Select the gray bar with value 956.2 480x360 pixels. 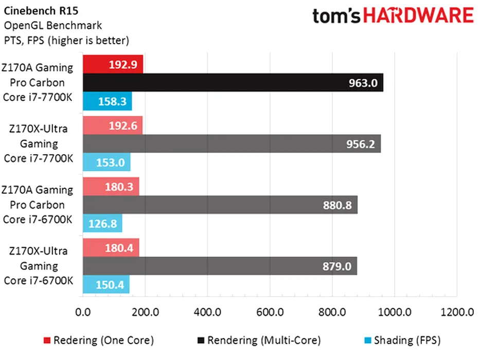(x=232, y=144)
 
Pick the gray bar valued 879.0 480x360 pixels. (x=219, y=266)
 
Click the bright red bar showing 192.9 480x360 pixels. (x=113, y=64)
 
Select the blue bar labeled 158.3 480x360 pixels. (x=107, y=101)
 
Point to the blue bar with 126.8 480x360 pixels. (x=102, y=223)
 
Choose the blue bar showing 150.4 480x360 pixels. (x=105, y=285)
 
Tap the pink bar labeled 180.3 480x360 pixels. (x=111, y=187)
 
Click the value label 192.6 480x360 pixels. (x=122, y=125)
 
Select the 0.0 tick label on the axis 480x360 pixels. (x=82, y=312)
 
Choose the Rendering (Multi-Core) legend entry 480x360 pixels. (x=263, y=340)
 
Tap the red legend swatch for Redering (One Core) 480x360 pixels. (x=47, y=340)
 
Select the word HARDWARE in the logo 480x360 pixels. (x=418, y=16)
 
